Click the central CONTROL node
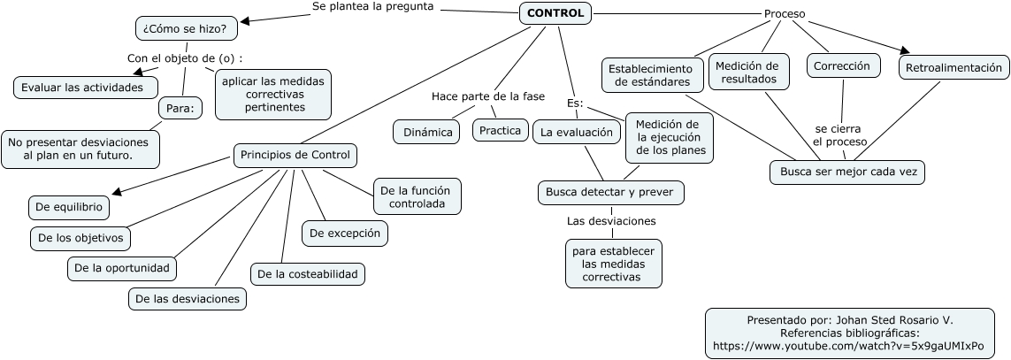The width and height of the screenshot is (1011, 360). (555, 13)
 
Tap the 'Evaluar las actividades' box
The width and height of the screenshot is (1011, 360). (87, 87)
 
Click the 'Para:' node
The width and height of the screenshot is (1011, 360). (180, 109)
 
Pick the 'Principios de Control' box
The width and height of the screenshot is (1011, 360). (295, 156)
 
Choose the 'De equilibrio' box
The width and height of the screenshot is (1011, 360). (70, 208)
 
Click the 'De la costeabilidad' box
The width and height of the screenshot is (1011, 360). (308, 274)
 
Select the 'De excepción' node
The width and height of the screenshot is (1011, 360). (345, 234)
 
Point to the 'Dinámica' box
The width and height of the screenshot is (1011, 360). (427, 132)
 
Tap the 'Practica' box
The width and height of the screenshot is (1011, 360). (500, 130)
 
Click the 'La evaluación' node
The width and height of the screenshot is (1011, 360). (576, 133)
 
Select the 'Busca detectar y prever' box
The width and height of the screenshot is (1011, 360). (611, 192)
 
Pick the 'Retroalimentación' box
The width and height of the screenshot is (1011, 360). (954, 67)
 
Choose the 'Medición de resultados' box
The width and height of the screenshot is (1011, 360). (747, 73)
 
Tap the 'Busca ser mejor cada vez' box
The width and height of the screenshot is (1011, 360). (847, 172)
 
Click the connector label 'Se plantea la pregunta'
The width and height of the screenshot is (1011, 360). (373, 7)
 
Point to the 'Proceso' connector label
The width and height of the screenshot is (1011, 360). (784, 14)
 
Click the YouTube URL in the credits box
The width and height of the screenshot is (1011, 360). (847, 346)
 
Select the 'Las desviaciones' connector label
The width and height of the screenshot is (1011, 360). (611, 220)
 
